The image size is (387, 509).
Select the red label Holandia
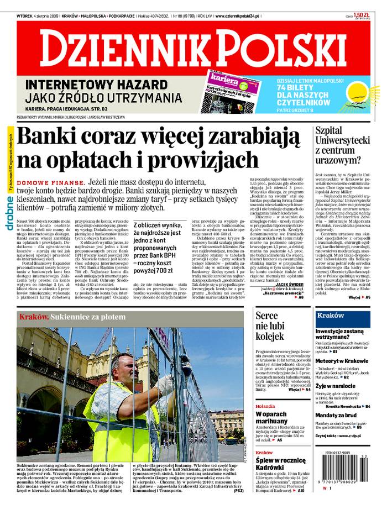[265, 406]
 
